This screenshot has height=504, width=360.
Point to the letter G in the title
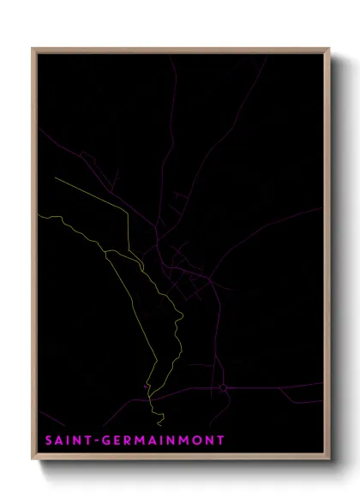(x=107, y=441)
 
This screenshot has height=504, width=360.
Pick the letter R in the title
(x=129, y=441)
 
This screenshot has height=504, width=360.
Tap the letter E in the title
(x=118, y=441)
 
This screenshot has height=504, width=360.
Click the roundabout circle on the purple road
(x=223, y=388)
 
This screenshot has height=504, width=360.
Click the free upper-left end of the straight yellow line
(x=55, y=178)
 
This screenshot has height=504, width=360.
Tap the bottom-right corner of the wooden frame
(x=328, y=460)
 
